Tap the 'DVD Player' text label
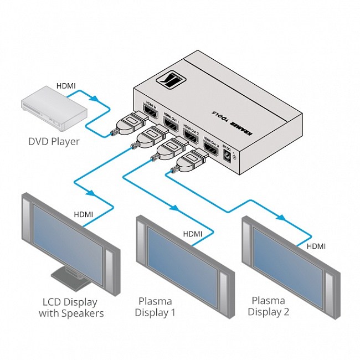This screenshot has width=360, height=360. (54, 141)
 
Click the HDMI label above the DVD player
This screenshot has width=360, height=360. (66, 86)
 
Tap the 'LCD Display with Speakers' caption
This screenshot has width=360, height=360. (71, 307)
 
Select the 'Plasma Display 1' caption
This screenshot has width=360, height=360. (157, 307)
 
